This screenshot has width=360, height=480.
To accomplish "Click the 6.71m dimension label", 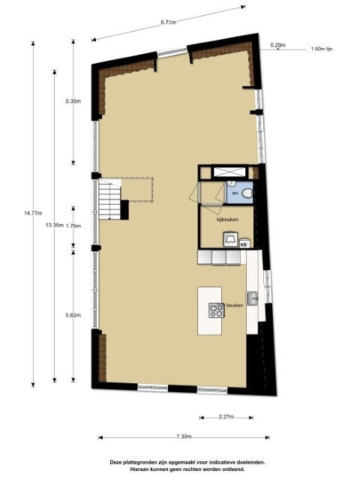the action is coord(168,22).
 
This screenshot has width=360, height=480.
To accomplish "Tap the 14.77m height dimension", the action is coord(33,213).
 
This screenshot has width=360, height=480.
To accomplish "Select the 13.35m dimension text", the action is coord(55,226).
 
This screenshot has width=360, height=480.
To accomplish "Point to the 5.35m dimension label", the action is coord(73,101).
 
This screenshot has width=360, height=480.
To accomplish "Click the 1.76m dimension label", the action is coord(73,226).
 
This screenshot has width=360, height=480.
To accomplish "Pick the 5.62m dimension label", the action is coord(73,315).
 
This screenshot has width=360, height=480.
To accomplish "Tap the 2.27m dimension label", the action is coord(226,417).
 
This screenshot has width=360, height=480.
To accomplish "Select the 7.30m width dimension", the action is coord(184,436).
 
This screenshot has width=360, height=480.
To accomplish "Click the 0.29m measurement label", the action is coord(277,45).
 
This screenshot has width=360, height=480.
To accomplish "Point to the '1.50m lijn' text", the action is coord(322,49).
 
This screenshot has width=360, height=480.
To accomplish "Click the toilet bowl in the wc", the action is coord(247,193).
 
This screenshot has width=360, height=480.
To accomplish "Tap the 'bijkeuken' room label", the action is coord(227,220).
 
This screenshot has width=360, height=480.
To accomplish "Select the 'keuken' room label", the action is coord(235,305).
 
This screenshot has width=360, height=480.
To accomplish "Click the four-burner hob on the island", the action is coord(217,310).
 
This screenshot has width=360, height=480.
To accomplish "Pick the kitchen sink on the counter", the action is coord(252,298).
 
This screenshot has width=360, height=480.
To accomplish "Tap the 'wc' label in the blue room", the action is coord(235,193).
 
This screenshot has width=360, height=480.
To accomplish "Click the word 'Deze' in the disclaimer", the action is coord(116,462).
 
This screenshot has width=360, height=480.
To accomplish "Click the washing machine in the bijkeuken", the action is coord(230,239).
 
